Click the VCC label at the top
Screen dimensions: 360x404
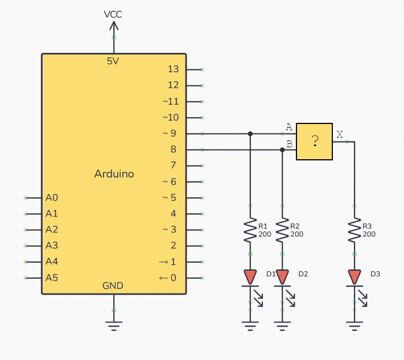click(113, 14)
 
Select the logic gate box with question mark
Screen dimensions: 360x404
click(314, 142)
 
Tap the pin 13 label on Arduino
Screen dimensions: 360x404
click(174, 69)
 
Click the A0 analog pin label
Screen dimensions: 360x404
click(52, 198)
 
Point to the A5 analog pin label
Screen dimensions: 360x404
click(52, 278)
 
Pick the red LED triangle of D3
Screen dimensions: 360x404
click(354, 277)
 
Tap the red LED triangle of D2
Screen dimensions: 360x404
click(282, 277)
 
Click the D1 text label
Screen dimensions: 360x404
click(271, 274)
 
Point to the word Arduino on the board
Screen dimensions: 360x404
click(114, 174)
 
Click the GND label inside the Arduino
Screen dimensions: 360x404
click(113, 285)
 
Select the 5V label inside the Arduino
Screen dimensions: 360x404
click(113, 61)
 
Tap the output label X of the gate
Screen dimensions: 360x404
click(340, 134)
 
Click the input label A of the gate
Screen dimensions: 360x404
click(289, 126)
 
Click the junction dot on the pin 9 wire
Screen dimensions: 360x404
click(250, 134)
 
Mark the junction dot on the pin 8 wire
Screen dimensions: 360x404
click(282, 150)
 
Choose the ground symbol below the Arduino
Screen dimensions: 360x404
click(114, 326)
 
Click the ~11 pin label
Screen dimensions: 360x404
click(171, 102)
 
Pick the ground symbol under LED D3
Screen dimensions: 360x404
click(354, 326)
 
